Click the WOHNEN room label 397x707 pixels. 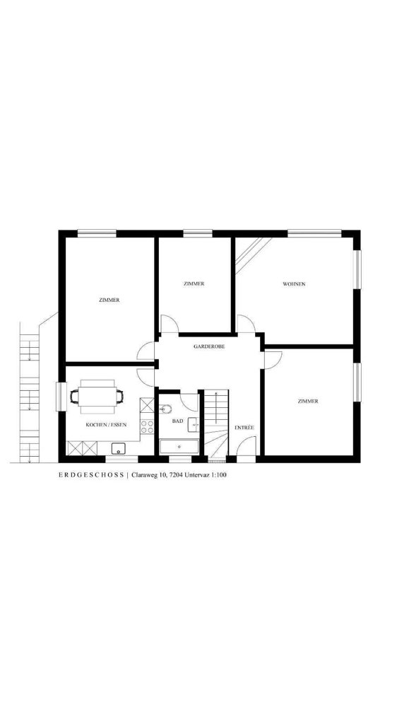[x=294, y=284]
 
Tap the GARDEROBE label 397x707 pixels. [x=209, y=346]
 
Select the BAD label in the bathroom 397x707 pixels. [x=177, y=421]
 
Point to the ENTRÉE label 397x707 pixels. [x=244, y=428]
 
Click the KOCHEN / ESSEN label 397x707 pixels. [x=107, y=425]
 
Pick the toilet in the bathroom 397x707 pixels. [x=165, y=409]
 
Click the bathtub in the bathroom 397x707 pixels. [x=179, y=447]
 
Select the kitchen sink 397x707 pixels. [x=118, y=449]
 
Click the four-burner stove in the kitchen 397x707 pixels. [x=147, y=426]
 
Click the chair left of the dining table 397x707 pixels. [x=74, y=397]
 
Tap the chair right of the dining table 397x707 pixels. [x=119, y=397]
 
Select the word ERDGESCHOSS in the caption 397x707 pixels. [x=91, y=475]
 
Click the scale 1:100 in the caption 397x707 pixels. [x=218, y=475]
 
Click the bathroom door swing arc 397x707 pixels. [x=189, y=402]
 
